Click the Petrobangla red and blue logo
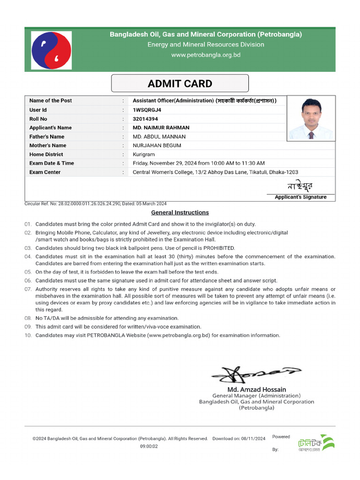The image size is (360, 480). point(52,50)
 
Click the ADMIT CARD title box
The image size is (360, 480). point(180,84)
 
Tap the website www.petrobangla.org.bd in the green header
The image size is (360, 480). point(206,55)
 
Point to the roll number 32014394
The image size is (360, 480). point(146,119)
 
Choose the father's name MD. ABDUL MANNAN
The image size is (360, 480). point(159,136)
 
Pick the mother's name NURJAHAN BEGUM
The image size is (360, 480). point(157,145)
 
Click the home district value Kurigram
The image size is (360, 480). point(143,154)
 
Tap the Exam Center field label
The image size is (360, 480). point(45,172)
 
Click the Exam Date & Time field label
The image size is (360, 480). point(52,163)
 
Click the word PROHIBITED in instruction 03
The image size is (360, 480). point(219,248)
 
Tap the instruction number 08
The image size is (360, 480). point(28,318)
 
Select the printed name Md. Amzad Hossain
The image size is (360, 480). point(256,390)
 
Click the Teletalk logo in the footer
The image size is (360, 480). point(316,443)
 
